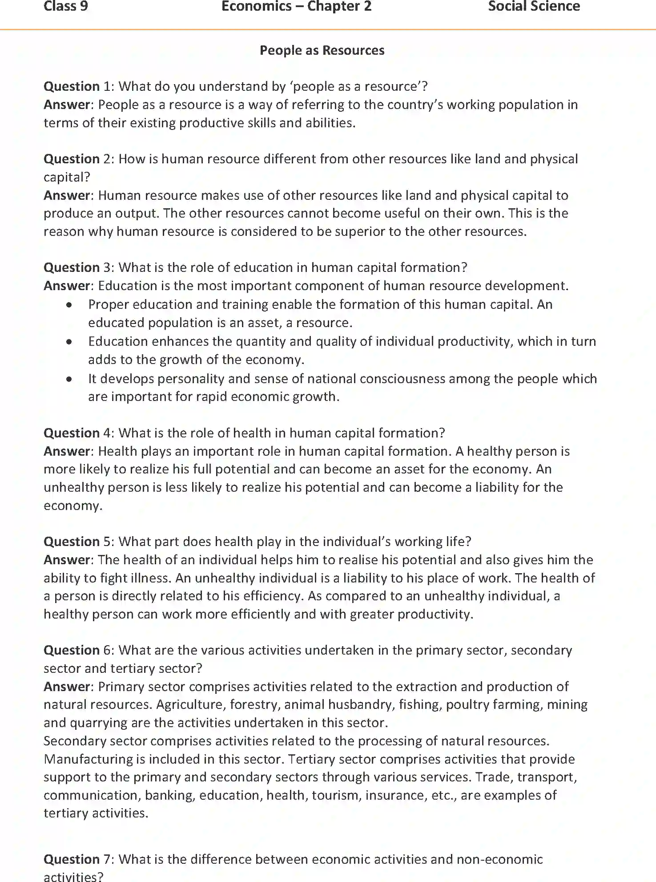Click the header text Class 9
click(65, 6)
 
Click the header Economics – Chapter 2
click(296, 6)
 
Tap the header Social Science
click(534, 6)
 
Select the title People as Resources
click(322, 50)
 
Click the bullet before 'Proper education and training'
click(69, 305)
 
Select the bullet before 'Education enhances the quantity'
click(69, 342)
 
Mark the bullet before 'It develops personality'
click(69, 379)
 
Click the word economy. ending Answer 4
click(73, 506)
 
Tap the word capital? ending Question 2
click(67, 177)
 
